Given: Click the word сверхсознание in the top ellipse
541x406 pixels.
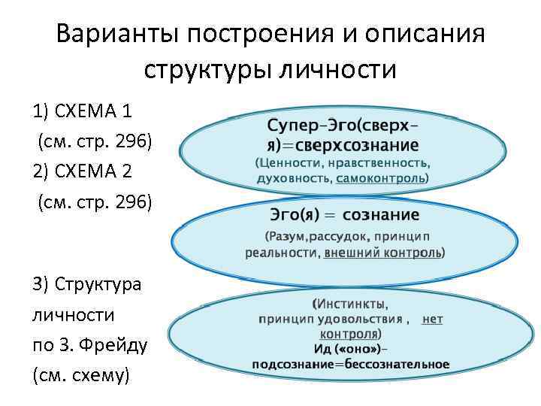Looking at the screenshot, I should point(359,144).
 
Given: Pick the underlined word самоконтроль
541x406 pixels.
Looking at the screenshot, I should point(380,178).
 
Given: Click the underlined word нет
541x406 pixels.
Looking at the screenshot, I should point(433,319).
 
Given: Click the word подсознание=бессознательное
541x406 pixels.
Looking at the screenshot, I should point(351,364).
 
